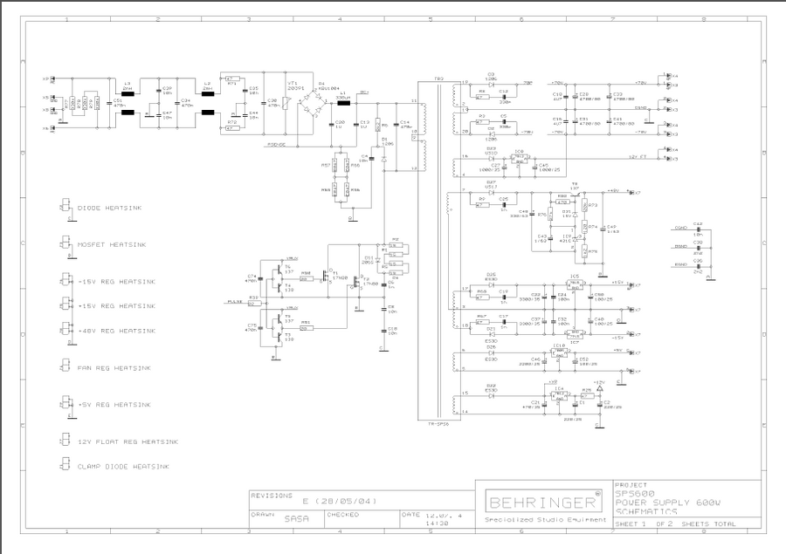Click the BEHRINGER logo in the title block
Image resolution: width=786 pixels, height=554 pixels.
tap(543, 503)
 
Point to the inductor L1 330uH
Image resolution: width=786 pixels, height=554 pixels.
tap(343, 99)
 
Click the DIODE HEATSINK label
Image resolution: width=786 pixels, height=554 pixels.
tap(109, 208)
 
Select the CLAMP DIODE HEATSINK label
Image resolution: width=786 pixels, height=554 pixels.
tap(123, 467)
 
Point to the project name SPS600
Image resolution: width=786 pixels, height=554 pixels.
tap(634, 494)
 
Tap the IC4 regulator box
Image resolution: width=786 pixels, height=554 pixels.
tap(558, 395)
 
